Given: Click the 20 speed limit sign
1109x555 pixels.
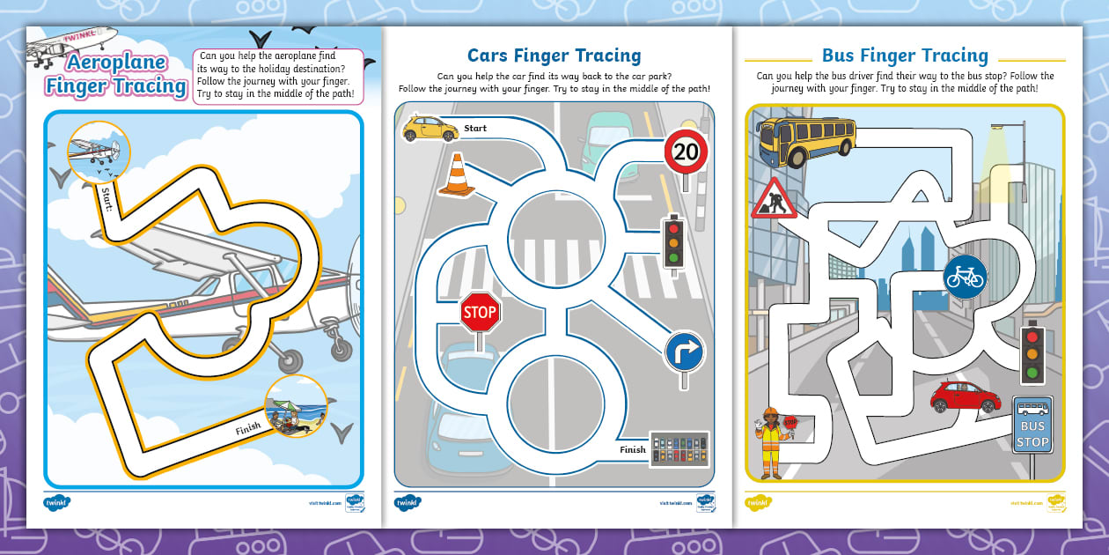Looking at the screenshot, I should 686,152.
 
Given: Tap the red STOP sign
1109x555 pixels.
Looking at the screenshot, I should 480,313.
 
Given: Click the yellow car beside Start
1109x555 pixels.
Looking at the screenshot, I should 430,129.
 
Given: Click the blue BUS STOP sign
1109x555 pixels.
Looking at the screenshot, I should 1032,425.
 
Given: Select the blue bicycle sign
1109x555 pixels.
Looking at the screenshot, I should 965,277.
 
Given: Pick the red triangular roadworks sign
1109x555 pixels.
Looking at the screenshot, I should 773,199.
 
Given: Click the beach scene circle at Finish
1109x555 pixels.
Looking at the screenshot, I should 296,406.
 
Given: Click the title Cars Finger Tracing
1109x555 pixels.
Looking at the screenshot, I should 554,56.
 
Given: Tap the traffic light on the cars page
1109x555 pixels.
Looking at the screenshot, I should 674,241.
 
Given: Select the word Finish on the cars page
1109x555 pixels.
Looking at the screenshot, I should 632,449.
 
